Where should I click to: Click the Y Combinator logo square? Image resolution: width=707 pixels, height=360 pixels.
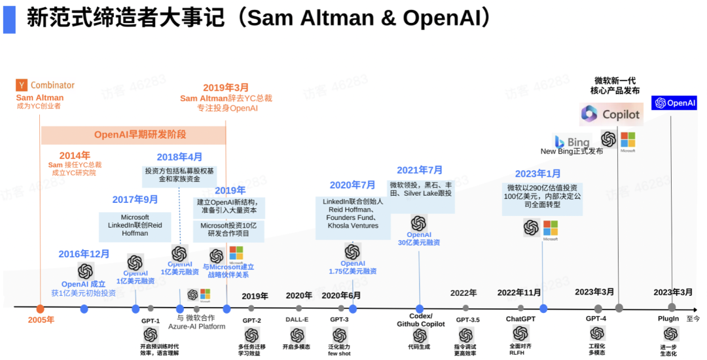22,85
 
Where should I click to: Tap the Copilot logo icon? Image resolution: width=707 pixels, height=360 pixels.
590,114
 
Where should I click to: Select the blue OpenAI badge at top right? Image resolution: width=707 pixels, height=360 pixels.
674,103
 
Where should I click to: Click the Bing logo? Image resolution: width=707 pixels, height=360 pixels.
560,141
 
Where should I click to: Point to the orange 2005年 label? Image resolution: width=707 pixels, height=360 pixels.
41,320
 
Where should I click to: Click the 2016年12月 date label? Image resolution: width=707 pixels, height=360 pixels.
84,254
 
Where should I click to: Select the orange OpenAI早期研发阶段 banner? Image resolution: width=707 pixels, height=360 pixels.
134,135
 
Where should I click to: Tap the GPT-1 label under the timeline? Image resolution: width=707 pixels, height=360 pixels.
151,321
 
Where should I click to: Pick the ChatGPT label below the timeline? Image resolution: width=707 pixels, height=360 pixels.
520,319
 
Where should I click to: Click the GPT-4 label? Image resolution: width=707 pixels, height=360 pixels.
596,319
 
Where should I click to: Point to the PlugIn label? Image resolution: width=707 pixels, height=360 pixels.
668,319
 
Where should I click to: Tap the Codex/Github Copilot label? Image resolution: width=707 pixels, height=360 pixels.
420,320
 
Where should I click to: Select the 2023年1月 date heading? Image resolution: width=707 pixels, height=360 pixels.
537,173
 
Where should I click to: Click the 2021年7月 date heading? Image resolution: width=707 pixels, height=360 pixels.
420,170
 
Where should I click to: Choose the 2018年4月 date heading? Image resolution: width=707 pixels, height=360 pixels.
179,157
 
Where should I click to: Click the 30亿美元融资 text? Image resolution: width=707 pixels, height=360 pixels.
419,243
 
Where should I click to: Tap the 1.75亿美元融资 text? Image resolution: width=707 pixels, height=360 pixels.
352,271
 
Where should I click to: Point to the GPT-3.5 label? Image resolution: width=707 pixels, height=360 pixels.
467,319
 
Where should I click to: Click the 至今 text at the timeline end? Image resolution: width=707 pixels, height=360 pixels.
693,319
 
